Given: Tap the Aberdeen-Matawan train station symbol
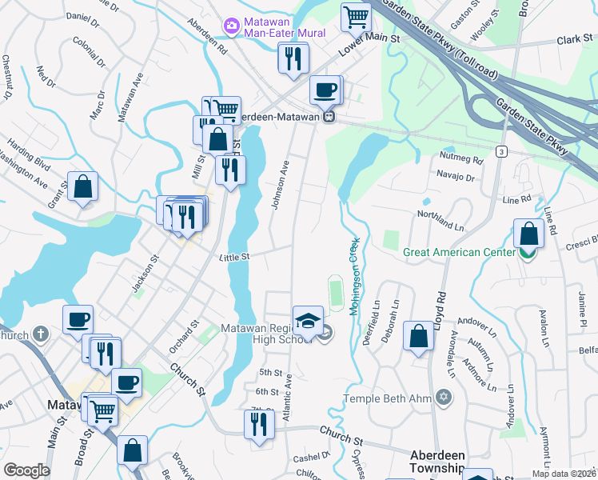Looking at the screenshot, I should click(329, 116).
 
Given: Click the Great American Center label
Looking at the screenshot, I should click(459, 252).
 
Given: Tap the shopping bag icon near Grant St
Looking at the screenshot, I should click(82, 188).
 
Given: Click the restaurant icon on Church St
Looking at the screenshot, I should click(258, 425).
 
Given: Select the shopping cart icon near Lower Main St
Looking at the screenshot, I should click(356, 16).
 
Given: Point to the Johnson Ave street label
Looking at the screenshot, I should click(281, 185).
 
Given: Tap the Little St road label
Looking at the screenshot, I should click(235, 257).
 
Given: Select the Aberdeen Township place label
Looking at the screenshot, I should click(437, 461).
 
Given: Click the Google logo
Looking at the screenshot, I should click(27, 470).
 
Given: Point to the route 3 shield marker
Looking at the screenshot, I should click(501, 151).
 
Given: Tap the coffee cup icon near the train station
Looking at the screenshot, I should click(325, 90).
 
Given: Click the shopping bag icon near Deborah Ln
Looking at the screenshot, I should click(418, 337).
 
